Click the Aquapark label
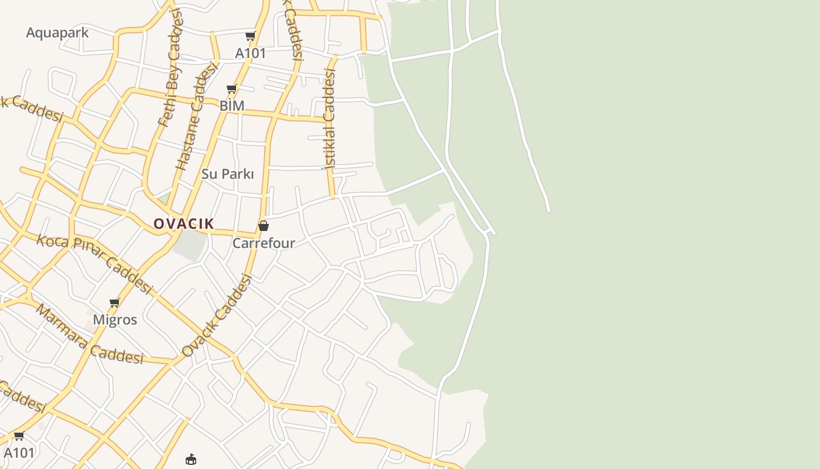pyautogui.click(x=57, y=33)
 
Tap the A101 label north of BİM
pyautogui.click(x=251, y=53)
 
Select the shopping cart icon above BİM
pyautogui.click(x=231, y=89)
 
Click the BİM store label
pyautogui.click(x=232, y=106)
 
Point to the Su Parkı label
pyautogui.click(x=228, y=174)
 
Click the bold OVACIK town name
pyautogui.click(x=184, y=223)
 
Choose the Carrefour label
pyautogui.click(x=264, y=243)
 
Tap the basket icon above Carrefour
pyautogui.click(x=264, y=226)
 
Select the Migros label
pyautogui.click(x=115, y=320)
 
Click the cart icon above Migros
pyautogui.click(x=114, y=303)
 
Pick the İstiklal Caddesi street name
pyautogui.click(x=329, y=119)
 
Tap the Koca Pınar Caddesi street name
pyautogui.click(x=94, y=264)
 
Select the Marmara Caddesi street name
pyautogui.click(x=90, y=334)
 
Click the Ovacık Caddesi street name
pyautogui.click(x=216, y=316)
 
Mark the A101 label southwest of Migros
pyautogui.click(x=19, y=453)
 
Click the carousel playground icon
pyautogui.click(x=191, y=459)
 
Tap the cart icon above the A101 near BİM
pyautogui.click(x=250, y=36)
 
